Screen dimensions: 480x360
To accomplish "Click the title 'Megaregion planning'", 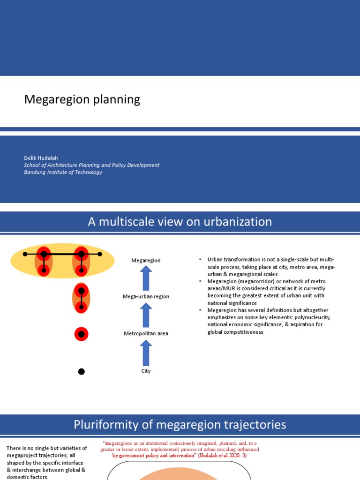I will [82, 99].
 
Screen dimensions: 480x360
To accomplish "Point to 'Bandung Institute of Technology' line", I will [63, 172].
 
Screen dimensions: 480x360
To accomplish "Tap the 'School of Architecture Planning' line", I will [91, 165].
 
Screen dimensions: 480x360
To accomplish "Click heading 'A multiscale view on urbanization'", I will [180, 222].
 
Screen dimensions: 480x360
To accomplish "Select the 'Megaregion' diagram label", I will [146, 260].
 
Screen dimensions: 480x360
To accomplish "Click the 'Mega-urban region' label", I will [146, 297].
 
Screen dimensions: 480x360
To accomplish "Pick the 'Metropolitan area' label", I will [146, 334].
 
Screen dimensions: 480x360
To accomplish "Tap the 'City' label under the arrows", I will [146, 371].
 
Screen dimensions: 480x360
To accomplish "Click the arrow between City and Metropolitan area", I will [146, 352].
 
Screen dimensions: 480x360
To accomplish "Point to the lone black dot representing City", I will [81, 372].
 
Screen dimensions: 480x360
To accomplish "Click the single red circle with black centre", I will [81, 334].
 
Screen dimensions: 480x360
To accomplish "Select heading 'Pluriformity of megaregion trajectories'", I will [180, 425].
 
